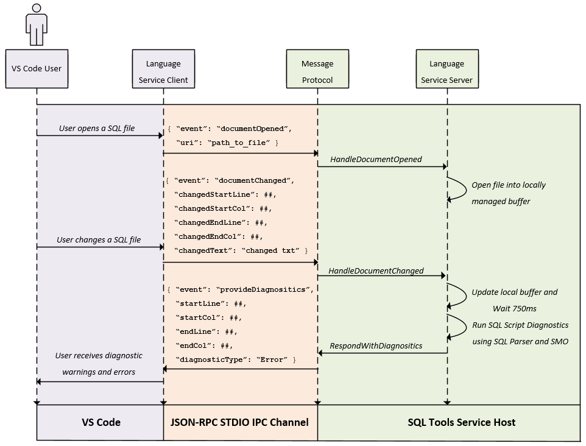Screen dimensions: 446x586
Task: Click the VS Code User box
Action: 37,69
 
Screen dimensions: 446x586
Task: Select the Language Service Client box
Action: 163,71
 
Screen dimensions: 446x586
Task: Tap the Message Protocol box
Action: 317,71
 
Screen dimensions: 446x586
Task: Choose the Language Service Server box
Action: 447,71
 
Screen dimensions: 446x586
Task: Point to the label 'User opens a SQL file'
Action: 97,128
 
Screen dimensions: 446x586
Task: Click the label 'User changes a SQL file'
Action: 99,239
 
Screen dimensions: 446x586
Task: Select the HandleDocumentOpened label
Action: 376,159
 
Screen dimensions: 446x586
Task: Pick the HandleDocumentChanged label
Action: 376,271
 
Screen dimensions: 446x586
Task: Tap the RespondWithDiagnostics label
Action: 376,345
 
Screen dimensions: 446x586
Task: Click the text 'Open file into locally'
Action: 509,185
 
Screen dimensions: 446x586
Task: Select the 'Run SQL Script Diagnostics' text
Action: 520,325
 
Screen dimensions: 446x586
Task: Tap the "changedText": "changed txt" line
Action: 241,250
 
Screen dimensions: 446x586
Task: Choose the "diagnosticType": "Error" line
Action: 235,359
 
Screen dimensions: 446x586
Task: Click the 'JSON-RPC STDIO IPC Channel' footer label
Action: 239,422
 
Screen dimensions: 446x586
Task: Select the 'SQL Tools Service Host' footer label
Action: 461,422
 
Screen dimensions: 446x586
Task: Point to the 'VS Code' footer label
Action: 101,422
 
